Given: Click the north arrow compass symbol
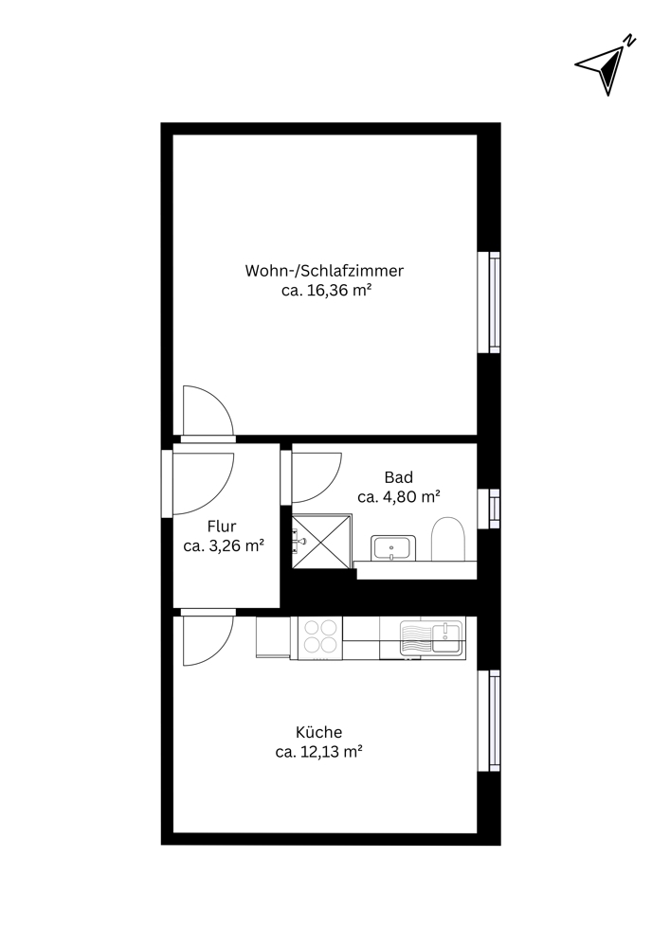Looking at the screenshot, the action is (605, 65).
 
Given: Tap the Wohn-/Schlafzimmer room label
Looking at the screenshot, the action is (324, 271).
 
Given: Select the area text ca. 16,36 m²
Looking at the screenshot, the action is (326, 291).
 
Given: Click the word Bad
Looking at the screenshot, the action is (399, 477).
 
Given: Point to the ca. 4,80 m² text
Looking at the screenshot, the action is (399, 497).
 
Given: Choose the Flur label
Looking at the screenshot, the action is (222, 526).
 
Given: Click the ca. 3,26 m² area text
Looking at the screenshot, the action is (224, 546).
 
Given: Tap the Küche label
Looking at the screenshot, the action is (319, 732).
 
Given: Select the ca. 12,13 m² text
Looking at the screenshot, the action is (319, 752).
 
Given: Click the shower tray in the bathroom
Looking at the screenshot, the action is (321, 542).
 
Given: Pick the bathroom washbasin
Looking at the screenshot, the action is (393, 547).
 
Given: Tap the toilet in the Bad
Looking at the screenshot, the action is (447, 538).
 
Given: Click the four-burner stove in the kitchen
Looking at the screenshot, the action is (320, 637).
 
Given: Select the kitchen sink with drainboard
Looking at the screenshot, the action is (431, 637).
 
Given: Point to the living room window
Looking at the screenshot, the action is (489, 302).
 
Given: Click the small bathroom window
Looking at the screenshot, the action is (489, 509).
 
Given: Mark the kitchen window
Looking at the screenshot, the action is (489, 721).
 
